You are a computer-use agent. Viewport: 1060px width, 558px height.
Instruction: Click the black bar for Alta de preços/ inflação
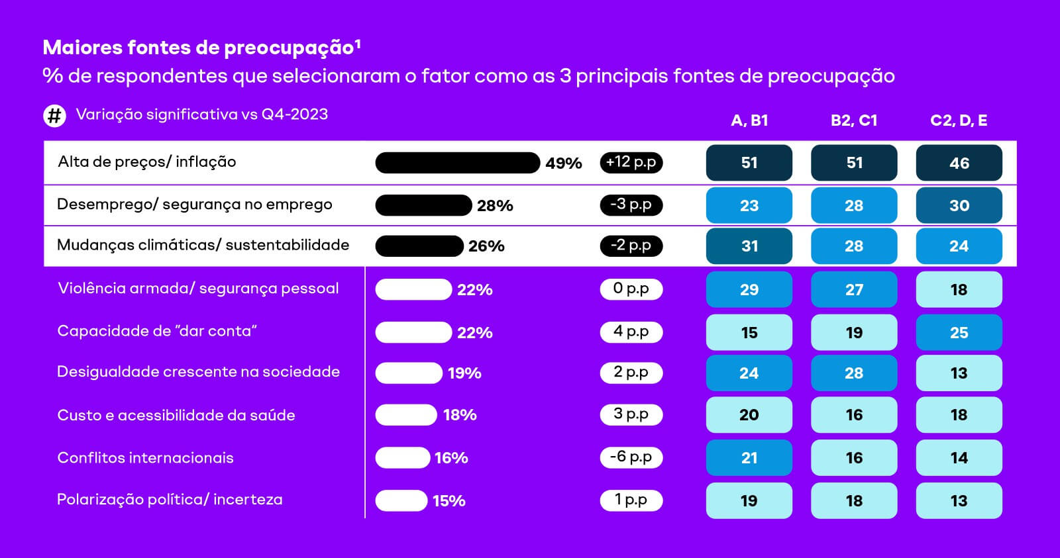pyautogui.click(x=457, y=163)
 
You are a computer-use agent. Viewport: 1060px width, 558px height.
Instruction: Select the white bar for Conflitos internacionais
pyautogui.click(x=403, y=457)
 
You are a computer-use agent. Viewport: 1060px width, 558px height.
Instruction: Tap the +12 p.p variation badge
pyautogui.click(x=631, y=162)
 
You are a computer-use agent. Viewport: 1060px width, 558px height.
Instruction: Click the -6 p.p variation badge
pyautogui.click(x=631, y=457)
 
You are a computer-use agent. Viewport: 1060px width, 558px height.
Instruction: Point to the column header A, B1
pyautogui.click(x=749, y=120)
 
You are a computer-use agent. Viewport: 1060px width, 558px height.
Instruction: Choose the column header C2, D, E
pyautogui.click(x=959, y=120)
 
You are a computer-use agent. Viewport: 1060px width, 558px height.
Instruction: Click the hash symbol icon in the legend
pyautogui.click(x=54, y=116)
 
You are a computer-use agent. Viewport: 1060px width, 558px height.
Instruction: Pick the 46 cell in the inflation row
pyautogui.click(x=959, y=163)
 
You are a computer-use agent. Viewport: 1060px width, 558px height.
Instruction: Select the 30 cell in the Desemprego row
pyautogui.click(x=959, y=205)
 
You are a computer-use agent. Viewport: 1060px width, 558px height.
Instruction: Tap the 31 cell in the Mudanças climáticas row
pyautogui.click(x=749, y=246)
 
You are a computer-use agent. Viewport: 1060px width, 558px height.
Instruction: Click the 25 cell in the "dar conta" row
pyautogui.click(x=959, y=332)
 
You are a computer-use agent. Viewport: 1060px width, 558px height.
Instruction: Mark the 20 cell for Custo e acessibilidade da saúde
pyautogui.click(x=749, y=415)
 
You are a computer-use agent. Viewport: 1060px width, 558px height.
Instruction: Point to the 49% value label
pyautogui.click(x=564, y=163)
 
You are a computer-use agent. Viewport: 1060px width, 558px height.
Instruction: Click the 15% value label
pyautogui.click(x=449, y=501)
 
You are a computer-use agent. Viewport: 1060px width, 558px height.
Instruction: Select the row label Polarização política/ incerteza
pyautogui.click(x=170, y=500)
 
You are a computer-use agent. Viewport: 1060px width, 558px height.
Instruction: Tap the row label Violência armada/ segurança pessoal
pyautogui.click(x=198, y=289)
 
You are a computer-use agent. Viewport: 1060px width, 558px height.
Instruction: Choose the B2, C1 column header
pyautogui.click(x=854, y=120)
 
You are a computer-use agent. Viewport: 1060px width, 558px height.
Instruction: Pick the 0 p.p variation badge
pyautogui.click(x=631, y=289)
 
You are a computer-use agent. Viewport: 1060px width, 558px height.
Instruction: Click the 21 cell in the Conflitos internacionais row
pyautogui.click(x=749, y=457)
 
